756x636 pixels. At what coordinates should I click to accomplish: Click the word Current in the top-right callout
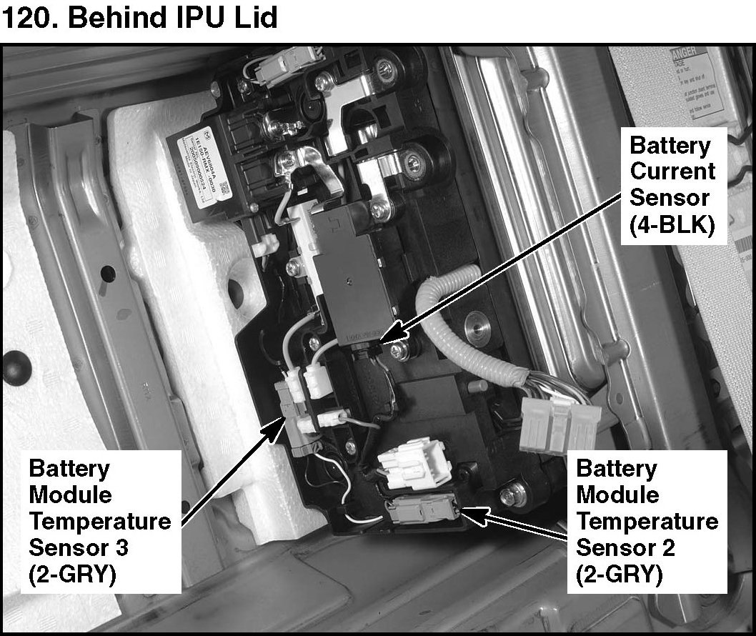click(x=672, y=172)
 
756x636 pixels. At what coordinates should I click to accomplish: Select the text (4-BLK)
click(x=672, y=224)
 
